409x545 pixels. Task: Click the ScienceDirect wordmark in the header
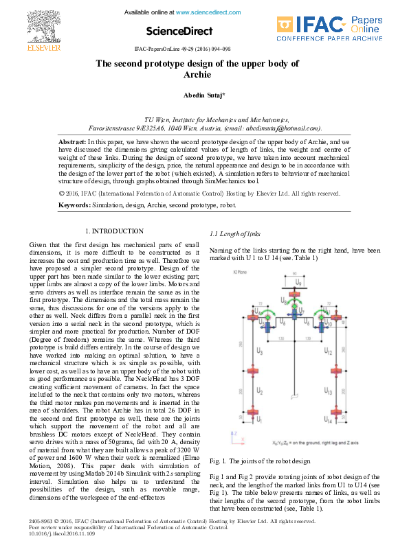point(177,31)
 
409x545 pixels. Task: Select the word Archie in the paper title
point(197,74)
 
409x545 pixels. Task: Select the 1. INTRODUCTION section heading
point(114,231)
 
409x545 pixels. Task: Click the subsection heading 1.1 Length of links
point(235,235)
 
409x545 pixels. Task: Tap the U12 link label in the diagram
point(329,351)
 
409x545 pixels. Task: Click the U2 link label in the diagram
point(259,390)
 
